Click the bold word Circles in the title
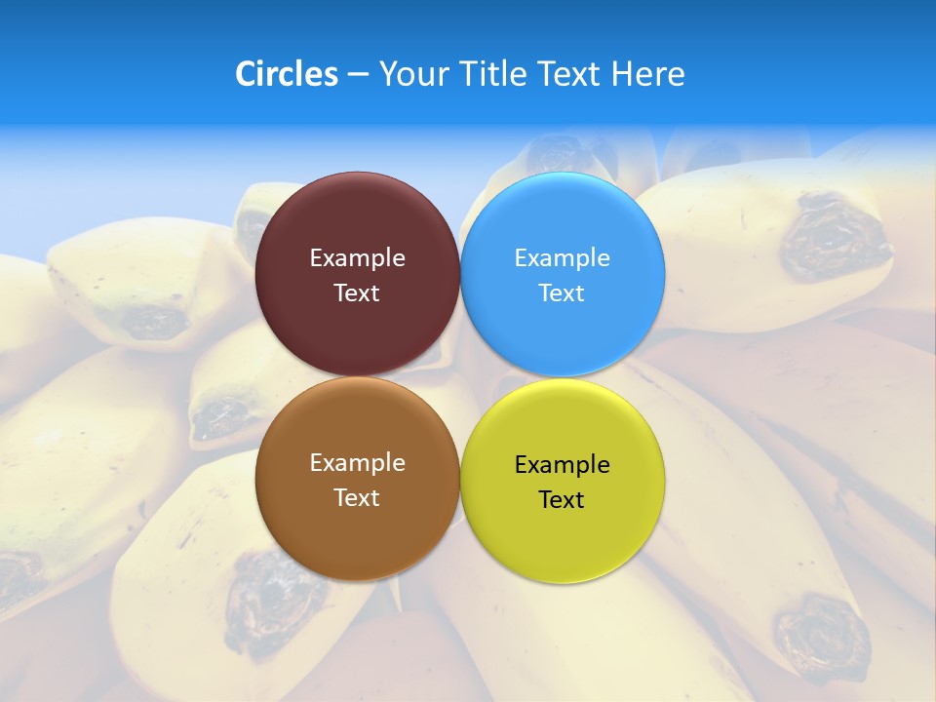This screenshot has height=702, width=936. (287, 74)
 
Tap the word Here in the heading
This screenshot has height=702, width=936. (648, 74)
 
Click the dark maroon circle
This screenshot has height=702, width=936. (357, 224)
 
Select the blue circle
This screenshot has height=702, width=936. (563, 224)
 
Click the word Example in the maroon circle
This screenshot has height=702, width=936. (357, 258)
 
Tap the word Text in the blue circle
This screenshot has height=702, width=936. (562, 293)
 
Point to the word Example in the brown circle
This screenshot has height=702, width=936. (357, 463)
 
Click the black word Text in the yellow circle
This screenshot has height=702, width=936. (562, 500)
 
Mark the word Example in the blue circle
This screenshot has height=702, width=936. (563, 258)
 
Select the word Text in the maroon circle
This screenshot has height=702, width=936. (357, 293)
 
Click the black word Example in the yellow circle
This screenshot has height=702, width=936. (563, 465)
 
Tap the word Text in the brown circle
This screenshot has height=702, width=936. (357, 498)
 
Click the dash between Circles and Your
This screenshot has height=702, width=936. (358, 75)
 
